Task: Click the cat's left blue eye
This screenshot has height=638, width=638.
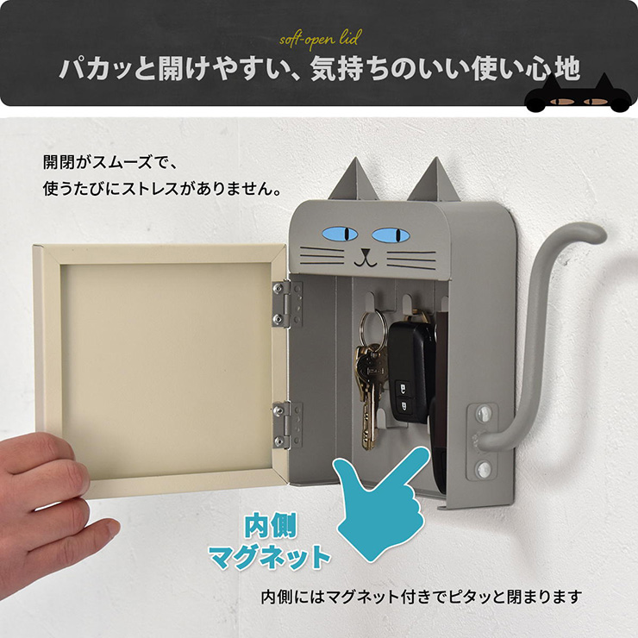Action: (x=340, y=234)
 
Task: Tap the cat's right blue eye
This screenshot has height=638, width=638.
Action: (x=391, y=235)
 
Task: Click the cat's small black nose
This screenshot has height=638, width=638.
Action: (x=366, y=253)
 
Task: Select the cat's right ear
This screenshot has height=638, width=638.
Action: (x=435, y=179)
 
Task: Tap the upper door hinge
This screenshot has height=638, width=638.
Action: (x=287, y=304)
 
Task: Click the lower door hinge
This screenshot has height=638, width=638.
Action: (x=287, y=424)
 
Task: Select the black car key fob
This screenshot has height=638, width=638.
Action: (x=409, y=370)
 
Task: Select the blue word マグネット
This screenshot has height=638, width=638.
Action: (x=269, y=558)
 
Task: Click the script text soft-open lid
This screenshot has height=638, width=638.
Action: (x=320, y=39)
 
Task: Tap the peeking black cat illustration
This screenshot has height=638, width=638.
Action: (x=579, y=96)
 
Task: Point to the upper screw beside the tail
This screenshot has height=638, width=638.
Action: (x=484, y=414)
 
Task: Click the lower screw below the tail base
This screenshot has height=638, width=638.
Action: (x=484, y=470)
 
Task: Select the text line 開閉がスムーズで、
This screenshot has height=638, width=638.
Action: (x=109, y=162)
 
